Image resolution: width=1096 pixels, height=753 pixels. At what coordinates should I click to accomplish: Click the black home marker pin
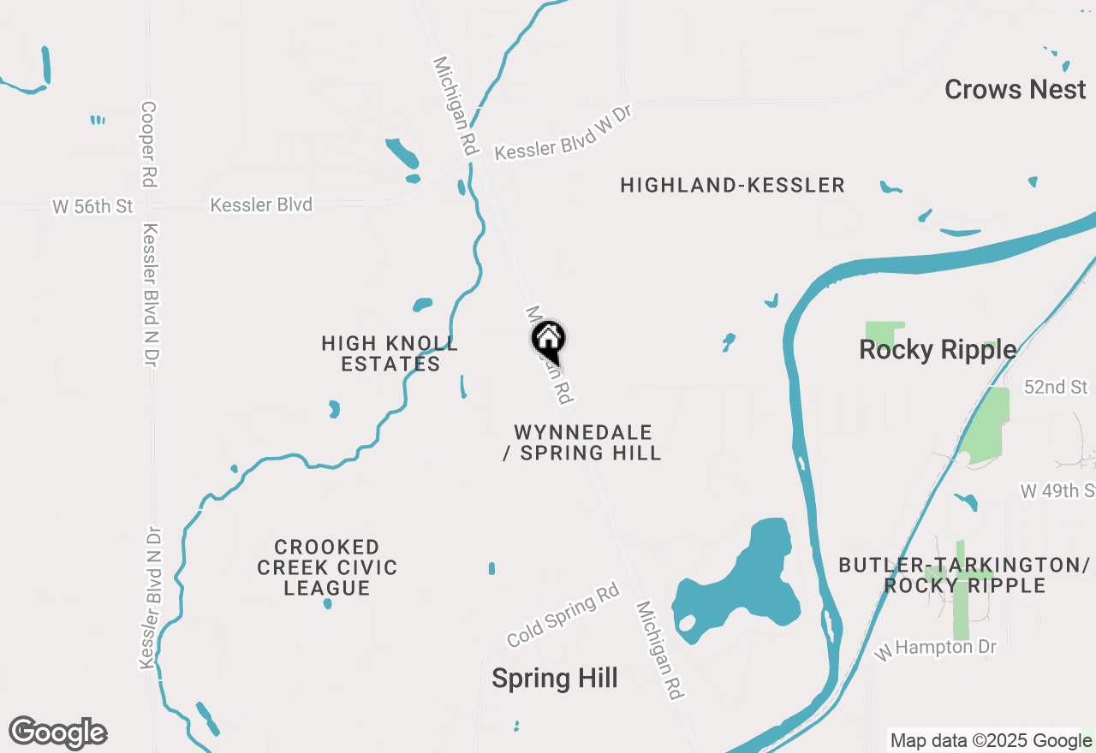pyautogui.click(x=548, y=339)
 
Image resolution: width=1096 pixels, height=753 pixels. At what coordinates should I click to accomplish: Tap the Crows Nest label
pyautogui.click(x=1015, y=89)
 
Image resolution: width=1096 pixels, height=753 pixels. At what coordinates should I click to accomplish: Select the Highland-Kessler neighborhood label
pyautogui.click(x=732, y=185)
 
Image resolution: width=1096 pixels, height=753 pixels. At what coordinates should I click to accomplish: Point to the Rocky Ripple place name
pyautogui.click(x=938, y=349)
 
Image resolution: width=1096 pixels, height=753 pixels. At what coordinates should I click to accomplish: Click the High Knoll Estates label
pyautogui.click(x=390, y=353)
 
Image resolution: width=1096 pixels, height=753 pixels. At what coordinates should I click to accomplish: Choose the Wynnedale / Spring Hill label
pyautogui.click(x=582, y=442)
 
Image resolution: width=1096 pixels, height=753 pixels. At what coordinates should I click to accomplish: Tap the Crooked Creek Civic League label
pyautogui.click(x=327, y=567)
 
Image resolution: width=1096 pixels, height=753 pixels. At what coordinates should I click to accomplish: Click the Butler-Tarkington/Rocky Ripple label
pyautogui.click(x=964, y=575)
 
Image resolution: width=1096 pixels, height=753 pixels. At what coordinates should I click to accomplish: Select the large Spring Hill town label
pyautogui.click(x=554, y=679)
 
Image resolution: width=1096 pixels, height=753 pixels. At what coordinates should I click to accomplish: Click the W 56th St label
pyautogui.click(x=93, y=206)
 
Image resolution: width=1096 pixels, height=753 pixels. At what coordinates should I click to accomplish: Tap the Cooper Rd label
pyautogui.click(x=149, y=145)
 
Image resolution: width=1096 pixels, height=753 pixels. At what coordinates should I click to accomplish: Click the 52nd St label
pyautogui.click(x=1056, y=388)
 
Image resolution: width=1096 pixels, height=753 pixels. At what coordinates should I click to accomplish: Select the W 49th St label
pyautogui.click(x=1058, y=491)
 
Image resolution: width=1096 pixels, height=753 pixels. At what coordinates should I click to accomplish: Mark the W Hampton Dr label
pyautogui.click(x=936, y=649)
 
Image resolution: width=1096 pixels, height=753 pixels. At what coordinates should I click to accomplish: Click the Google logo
pyautogui.click(x=57, y=732)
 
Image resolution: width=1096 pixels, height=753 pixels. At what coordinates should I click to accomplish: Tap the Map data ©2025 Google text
pyautogui.click(x=991, y=741)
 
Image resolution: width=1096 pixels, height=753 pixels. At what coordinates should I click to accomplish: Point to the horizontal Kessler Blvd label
pyautogui.click(x=261, y=205)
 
